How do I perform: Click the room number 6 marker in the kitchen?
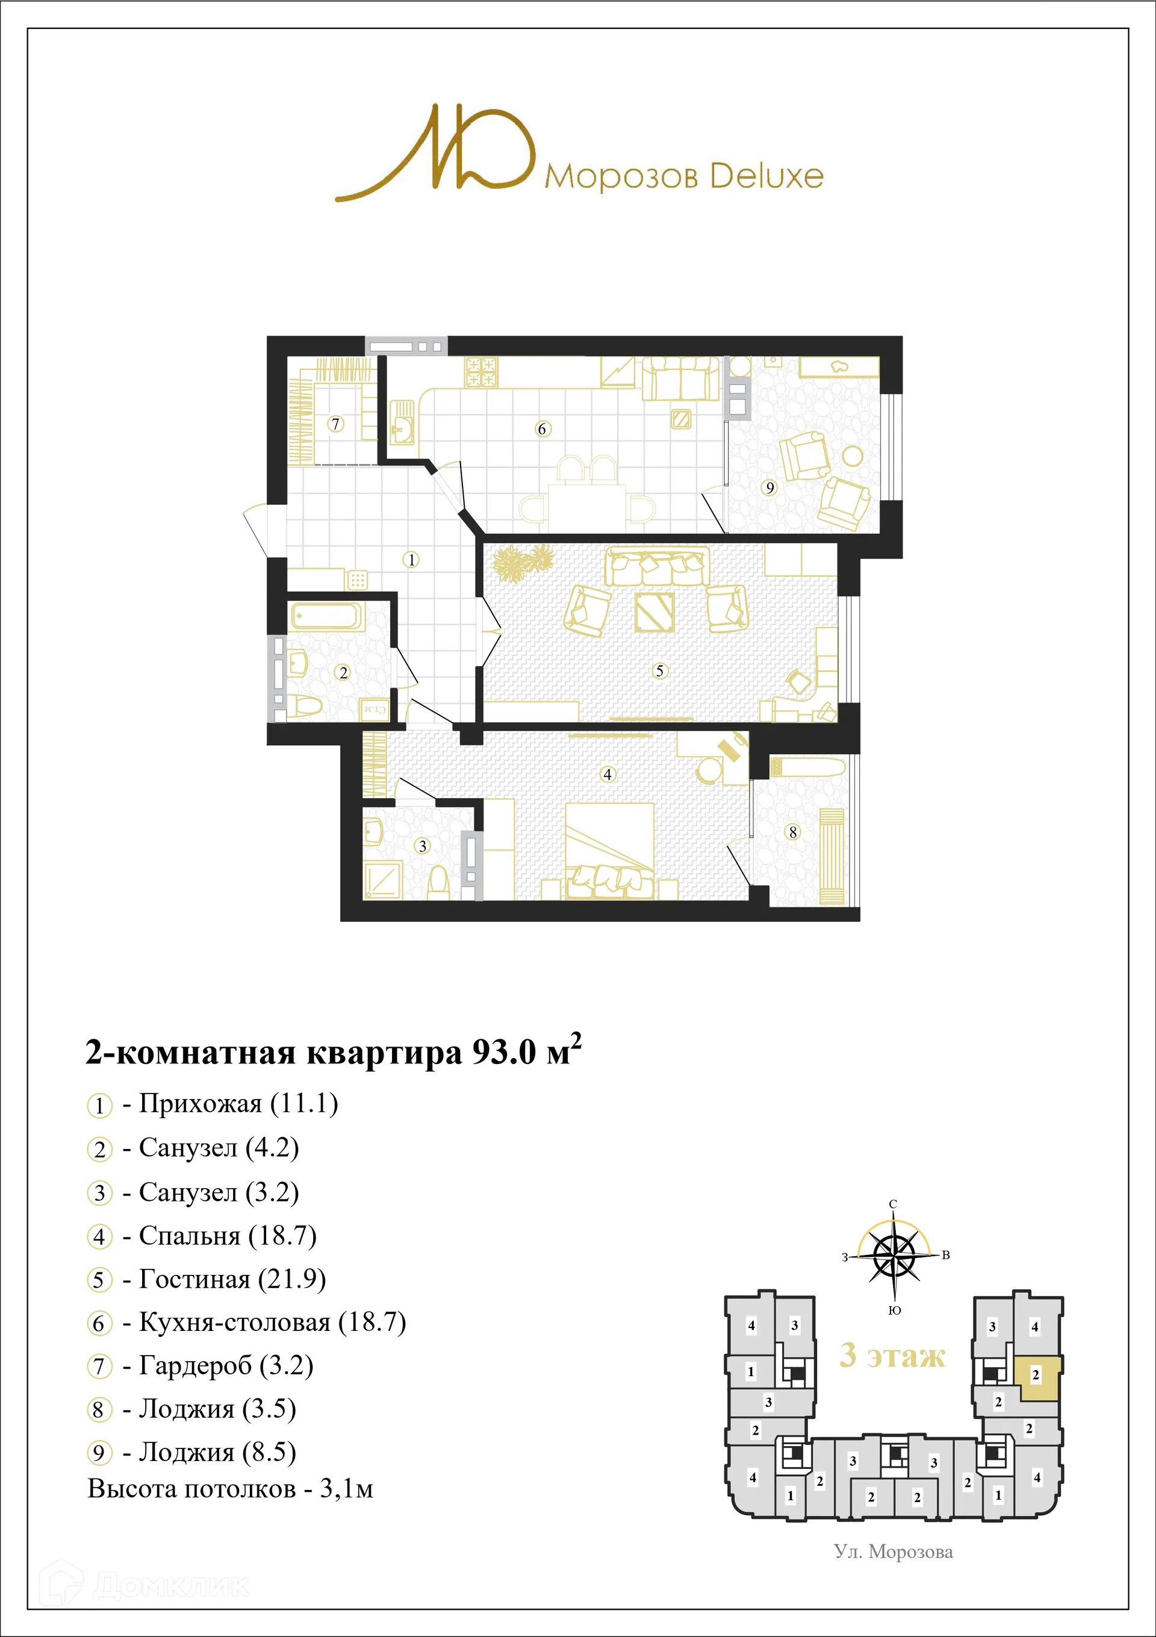(542, 428)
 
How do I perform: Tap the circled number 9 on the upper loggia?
(769, 487)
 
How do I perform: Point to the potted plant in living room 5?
(523, 562)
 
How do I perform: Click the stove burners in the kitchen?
(481, 372)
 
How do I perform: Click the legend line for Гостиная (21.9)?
(232, 1279)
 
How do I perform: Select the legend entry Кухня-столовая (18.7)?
(272, 1322)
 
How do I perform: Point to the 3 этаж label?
(892, 1354)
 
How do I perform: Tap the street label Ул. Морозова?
(893, 1552)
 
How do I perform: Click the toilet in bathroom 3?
(438, 883)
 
